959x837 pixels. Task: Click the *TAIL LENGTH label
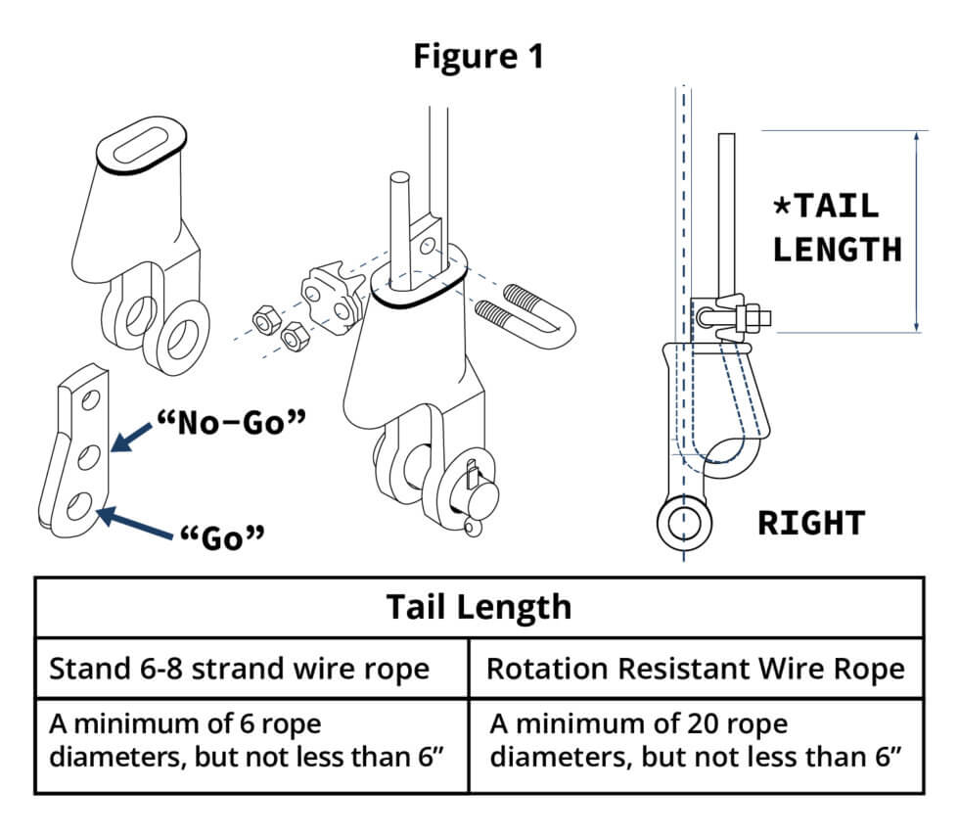[x=836, y=227]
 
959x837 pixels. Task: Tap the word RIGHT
[x=811, y=523]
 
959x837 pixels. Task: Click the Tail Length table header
[x=479, y=607]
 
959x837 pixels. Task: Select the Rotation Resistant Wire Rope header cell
[x=695, y=669]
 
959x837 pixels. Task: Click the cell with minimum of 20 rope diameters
[x=695, y=741]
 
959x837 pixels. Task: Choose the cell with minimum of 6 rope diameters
[x=251, y=741]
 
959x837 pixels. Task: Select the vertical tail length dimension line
[x=916, y=231]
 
